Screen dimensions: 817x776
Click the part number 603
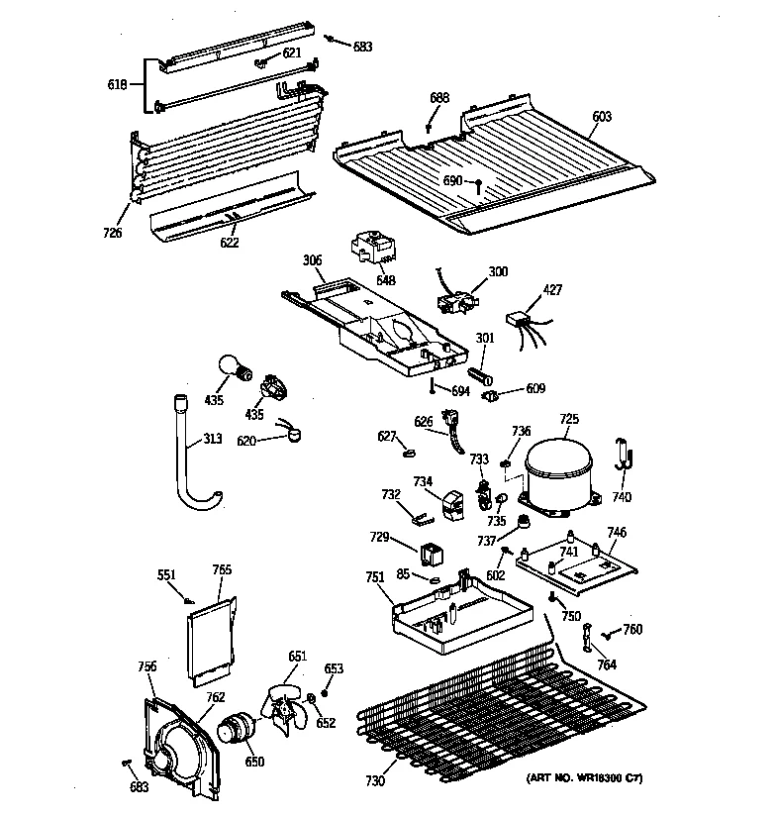tap(602, 117)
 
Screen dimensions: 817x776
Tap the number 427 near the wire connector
tap(551, 290)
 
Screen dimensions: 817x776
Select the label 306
tap(312, 261)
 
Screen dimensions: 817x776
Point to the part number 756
tap(146, 666)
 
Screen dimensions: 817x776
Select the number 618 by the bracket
tap(117, 85)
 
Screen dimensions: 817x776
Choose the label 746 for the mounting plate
tap(616, 533)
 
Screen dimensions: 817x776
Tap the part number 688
tap(439, 97)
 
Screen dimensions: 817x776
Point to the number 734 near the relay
tap(423, 482)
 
